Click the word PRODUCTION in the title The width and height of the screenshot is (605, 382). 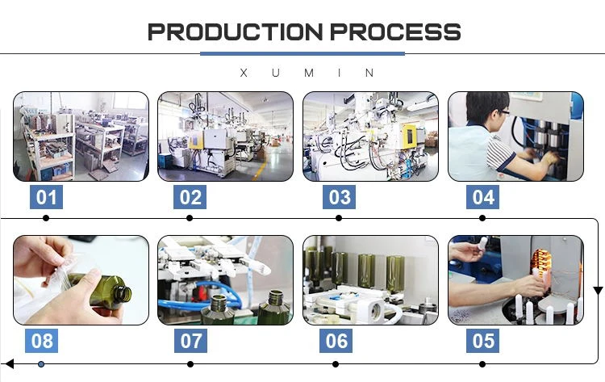tap(235, 31)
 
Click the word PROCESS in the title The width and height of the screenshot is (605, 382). tap(395, 31)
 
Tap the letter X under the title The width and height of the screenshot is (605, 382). tap(244, 73)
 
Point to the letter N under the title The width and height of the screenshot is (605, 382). tap(369, 73)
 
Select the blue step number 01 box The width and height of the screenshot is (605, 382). tap(46, 197)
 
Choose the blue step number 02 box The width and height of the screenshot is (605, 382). tap(190, 197)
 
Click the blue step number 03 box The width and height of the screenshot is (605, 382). tap(339, 197)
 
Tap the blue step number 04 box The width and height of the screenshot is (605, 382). tap(482, 197)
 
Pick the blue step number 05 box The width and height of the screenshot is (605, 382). tap(482, 341)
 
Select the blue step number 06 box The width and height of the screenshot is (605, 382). tap(336, 341)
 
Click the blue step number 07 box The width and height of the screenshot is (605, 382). tap(190, 341)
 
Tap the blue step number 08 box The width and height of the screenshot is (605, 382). tap(42, 341)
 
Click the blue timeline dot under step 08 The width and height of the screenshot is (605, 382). tap(41, 364)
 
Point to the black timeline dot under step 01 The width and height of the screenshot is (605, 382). tap(46, 218)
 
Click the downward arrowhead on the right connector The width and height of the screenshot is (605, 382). tap(598, 291)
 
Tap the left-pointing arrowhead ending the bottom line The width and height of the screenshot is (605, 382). tap(9, 364)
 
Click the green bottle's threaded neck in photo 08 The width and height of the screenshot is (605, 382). tap(124, 294)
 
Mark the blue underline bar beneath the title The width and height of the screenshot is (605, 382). tap(302, 53)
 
